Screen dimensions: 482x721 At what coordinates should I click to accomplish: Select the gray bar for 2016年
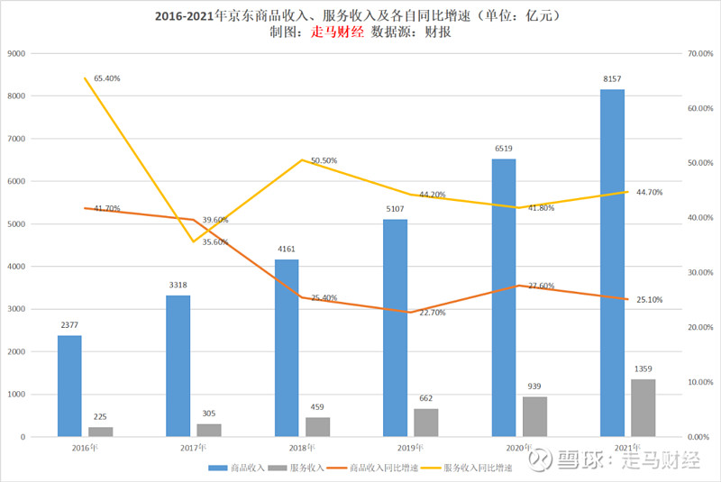(101, 432)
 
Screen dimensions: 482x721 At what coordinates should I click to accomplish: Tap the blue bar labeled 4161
(287, 348)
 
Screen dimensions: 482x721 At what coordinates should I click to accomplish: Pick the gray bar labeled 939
(535, 416)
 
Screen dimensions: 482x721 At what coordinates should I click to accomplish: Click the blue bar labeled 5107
(395, 328)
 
